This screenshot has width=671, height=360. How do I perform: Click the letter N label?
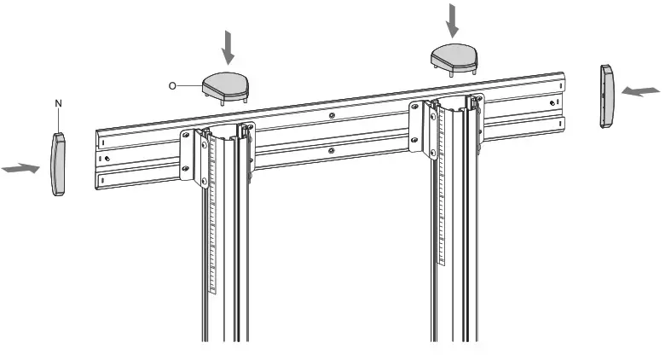(x=59, y=103)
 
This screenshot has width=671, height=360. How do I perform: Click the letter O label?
(x=173, y=85)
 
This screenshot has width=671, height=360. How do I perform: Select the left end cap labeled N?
(x=59, y=164)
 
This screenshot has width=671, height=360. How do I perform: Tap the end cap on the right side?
(x=607, y=96)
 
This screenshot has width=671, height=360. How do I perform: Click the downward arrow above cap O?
(x=227, y=47)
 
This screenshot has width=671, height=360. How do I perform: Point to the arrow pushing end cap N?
(x=20, y=169)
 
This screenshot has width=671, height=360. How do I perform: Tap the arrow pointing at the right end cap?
(x=640, y=90)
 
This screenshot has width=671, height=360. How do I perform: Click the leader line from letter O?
(x=189, y=85)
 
